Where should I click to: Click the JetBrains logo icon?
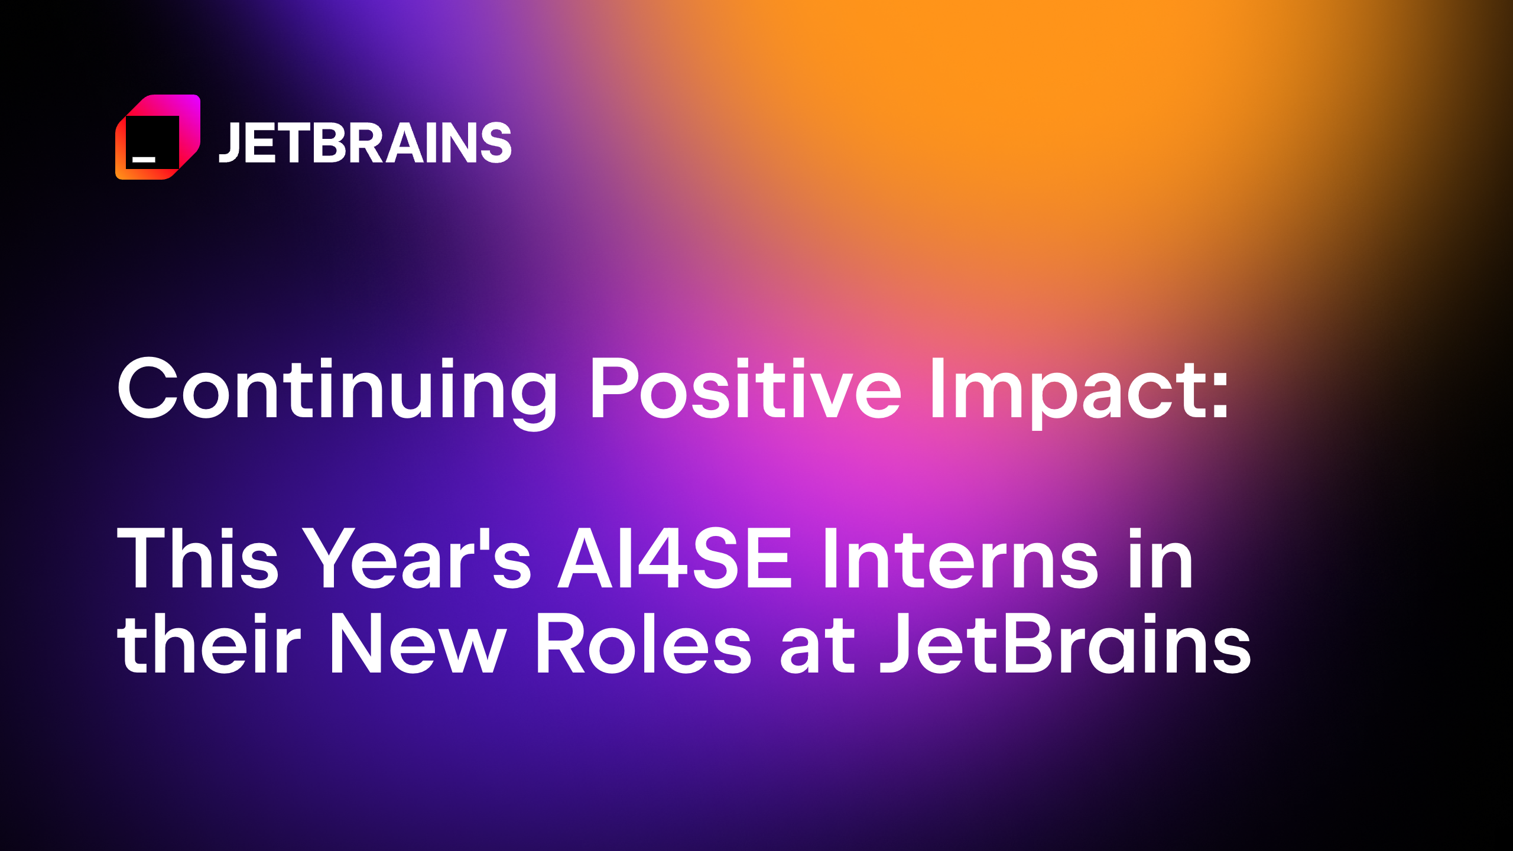158,137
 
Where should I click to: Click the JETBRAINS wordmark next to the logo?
365,142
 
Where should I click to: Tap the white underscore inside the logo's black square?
144,159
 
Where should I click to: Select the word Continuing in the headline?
337,390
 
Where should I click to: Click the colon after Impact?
1219,397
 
